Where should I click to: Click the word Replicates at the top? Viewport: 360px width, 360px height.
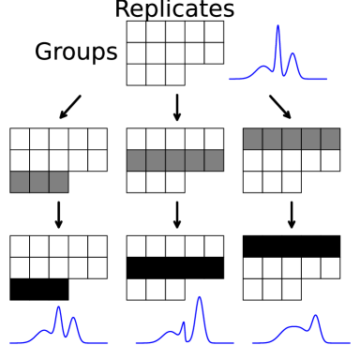click(x=174, y=9)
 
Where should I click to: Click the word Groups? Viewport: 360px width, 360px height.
click(x=76, y=52)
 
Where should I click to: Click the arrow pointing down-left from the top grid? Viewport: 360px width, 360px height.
click(x=70, y=107)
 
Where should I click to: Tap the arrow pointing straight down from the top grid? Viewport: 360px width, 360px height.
click(x=177, y=107)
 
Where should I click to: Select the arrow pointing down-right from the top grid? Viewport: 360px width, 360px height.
click(x=280, y=107)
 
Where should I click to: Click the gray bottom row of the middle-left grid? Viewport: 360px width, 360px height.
click(x=39, y=182)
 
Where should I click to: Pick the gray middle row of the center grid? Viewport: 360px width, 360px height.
click(x=175, y=160)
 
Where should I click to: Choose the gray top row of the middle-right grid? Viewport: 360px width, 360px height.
click(x=292, y=139)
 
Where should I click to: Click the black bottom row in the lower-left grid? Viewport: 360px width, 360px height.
click(x=39, y=290)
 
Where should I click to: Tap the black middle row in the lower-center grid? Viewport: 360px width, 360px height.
click(x=175, y=268)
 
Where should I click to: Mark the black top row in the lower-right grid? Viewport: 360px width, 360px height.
click(x=292, y=247)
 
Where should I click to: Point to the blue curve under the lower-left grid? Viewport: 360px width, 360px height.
click(x=58, y=328)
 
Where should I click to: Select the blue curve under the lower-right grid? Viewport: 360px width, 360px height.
click(x=300, y=330)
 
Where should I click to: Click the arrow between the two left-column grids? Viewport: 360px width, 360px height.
click(x=59, y=215)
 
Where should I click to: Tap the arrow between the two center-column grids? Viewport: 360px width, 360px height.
click(x=177, y=215)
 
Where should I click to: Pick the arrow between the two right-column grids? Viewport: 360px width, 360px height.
click(x=292, y=215)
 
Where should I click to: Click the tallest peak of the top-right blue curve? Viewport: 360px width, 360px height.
click(x=278, y=28)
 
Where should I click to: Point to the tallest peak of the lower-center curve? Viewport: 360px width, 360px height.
click(x=199, y=299)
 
